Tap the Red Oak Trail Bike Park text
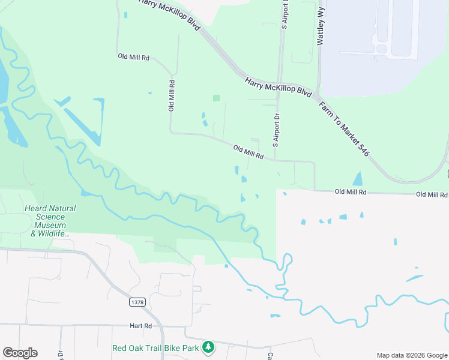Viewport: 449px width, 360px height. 156,347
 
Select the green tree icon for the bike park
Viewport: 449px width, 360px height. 208,347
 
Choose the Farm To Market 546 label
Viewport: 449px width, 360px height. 344,128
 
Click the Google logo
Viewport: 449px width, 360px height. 20,353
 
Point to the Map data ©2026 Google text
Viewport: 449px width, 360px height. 411,355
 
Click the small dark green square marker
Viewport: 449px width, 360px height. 216,98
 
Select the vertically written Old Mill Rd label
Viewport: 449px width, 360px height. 171,95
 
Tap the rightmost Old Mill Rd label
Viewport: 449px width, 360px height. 432,194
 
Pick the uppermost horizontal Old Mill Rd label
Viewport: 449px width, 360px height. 133,56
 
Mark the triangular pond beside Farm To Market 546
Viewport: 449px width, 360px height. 358,178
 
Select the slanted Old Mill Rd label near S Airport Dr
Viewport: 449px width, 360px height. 249,152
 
